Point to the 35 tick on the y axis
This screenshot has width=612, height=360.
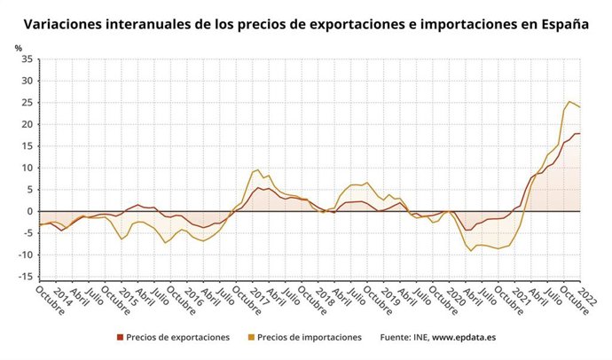pos(26,59)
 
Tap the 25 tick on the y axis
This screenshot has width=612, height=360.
pos(26,103)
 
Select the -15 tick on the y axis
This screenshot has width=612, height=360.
pos(24,277)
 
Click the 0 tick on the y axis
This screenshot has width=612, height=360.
pos(29,212)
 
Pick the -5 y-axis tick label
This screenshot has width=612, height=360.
pos(27,233)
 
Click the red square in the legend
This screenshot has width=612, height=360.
pos(120,337)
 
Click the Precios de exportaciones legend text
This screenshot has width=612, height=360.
pos(177,337)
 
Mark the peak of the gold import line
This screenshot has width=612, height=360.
pos(569,101)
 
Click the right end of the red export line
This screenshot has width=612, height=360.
pos(579,134)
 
